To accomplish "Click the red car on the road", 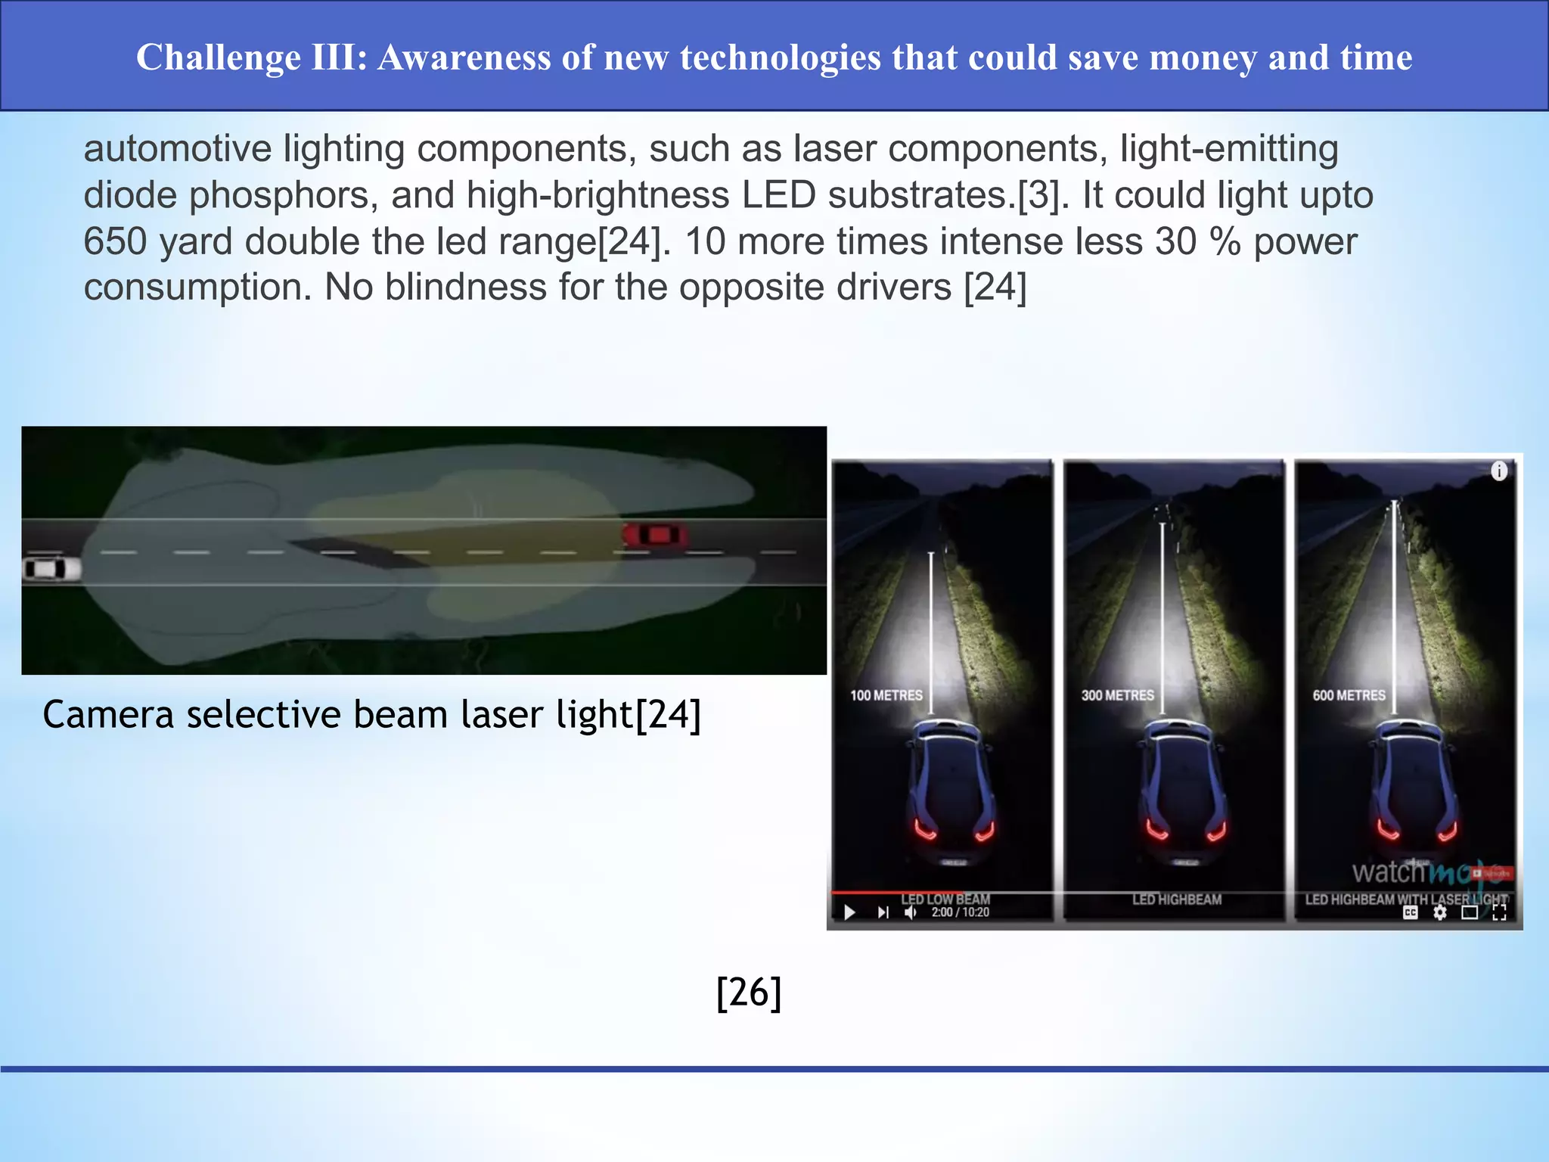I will [655, 536].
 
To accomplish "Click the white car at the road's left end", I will [51, 569].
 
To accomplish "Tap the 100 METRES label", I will [886, 695].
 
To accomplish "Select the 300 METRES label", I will [1117, 695].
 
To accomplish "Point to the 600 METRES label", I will [1349, 695].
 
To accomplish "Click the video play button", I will [849, 912].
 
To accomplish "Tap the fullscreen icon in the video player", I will [1499, 912].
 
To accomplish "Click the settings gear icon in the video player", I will [1439, 912].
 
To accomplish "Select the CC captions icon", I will [1410, 912].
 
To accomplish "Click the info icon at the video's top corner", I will [1498, 471].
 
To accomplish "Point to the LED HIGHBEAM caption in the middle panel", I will [1177, 899].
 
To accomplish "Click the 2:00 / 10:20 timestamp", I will [960, 912].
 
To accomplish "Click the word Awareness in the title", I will [464, 57].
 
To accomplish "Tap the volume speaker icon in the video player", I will [911, 912].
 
